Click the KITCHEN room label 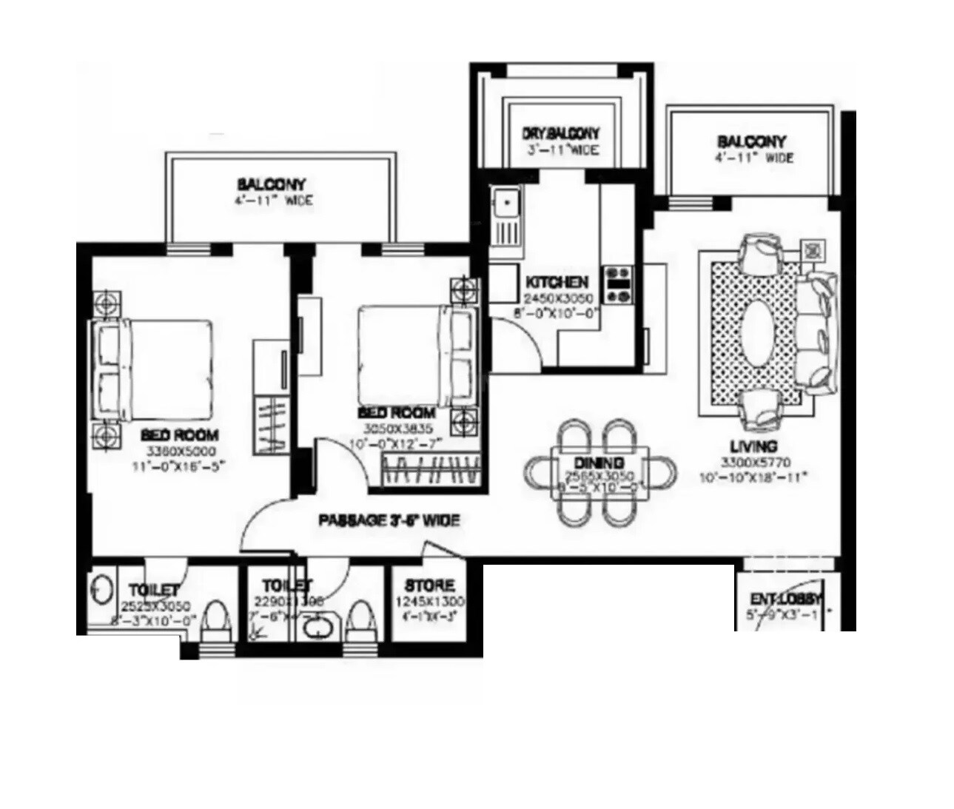(557, 283)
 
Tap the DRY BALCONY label (560, 134)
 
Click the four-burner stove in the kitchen (619, 285)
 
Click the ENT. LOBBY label (786, 599)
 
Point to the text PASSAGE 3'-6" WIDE (389, 521)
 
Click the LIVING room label (753, 446)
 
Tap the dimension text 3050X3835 (397, 429)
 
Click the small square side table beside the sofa (813, 249)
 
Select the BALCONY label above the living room (751, 141)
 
